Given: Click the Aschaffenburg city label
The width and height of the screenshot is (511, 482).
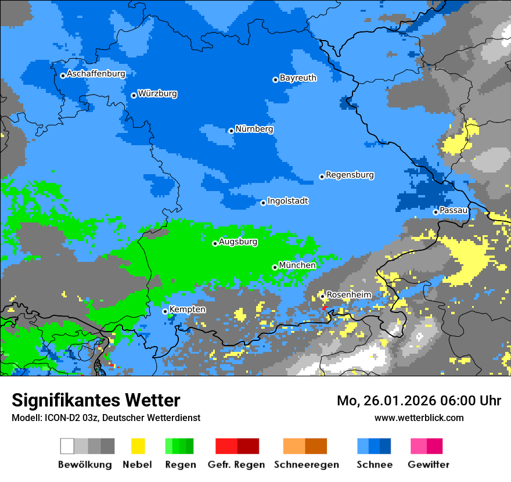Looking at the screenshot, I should pyautogui.click(x=96, y=74).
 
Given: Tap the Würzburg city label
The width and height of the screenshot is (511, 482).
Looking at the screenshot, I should pyautogui.click(x=157, y=93).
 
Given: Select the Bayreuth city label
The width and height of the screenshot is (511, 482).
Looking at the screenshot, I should pyautogui.click(x=298, y=78).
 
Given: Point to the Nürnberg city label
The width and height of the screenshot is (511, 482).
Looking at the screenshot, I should pyautogui.click(x=254, y=129).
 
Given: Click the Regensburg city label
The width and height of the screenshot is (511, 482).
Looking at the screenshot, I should pyautogui.click(x=350, y=175).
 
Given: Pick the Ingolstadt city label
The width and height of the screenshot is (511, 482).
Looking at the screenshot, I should pyautogui.click(x=287, y=201).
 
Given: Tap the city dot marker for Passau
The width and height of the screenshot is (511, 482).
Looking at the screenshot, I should pyautogui.click(x=436, y=212).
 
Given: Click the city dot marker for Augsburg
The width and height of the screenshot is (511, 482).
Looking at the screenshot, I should pyautogui.click(x=215, y=243).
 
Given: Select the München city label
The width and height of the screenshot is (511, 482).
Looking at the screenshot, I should pyautogui.click(x=297, y=265).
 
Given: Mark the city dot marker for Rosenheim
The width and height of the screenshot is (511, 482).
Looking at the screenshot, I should pyautogui.click(x=322, y=296).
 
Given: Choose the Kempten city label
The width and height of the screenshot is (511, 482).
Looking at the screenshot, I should pyautogui.click(x=187, y=310).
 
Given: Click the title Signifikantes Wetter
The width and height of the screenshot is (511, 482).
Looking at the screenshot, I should pyautogui.click(x=96, y=400).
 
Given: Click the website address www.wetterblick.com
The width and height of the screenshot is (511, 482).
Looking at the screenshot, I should pyautogui.click(x=419, y=418).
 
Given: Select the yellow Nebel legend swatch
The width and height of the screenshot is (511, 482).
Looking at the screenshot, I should pyautogui.click(x=138, y=446).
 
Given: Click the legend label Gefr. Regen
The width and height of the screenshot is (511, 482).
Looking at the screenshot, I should pyautogui.click(x=236, y=465).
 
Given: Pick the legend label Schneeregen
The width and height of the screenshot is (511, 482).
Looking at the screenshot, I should pyautogui.click(x=305, y=465).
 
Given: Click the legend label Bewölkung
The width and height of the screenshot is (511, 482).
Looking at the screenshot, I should pyautogui.click(x=85, y=465).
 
